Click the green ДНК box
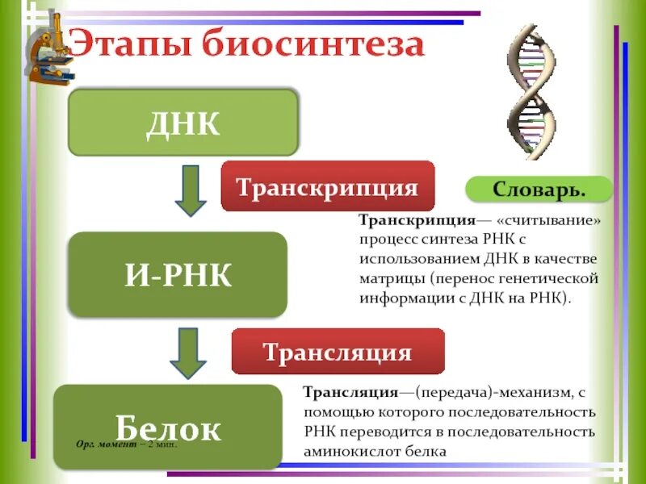pos(183,122)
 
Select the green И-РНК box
pos(178,275)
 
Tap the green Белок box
pos(167,428)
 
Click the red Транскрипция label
pos(327,187)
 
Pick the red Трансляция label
pos(338,352)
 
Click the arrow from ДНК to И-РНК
pos(191,190)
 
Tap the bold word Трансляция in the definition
pos(350,393)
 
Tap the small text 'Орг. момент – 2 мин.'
pos(125,444)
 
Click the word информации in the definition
pos(404,298)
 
